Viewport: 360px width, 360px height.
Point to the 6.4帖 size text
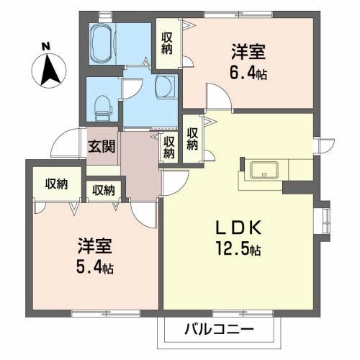point(249,73)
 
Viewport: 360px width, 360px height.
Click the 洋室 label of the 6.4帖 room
point(248,53)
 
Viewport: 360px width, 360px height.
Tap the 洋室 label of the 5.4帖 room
point(94,247)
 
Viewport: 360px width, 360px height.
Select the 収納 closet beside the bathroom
point(167,43)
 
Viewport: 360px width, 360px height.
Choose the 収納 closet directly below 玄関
point(104,190)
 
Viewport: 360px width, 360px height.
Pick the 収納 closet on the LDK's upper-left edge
point(192,138)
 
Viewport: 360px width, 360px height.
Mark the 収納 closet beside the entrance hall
point(169,147)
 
